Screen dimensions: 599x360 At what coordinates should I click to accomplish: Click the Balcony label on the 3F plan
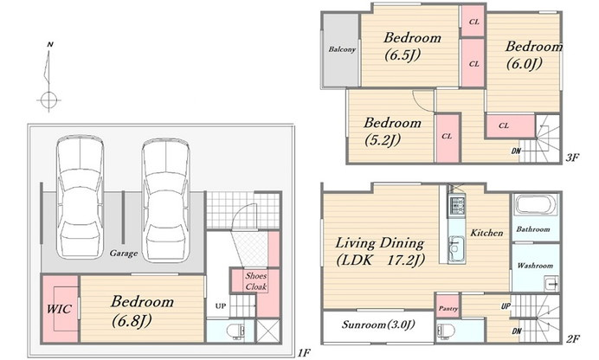pos(342,49)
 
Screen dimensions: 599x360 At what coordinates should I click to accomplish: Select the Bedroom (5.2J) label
pos(392,132)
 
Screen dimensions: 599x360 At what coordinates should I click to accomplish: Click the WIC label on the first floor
pos(59,308)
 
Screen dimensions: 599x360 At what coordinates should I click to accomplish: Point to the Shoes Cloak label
pos(256,281)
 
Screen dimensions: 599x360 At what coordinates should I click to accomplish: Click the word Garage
pos(124,253)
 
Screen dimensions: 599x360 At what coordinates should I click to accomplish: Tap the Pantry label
pos(448,308)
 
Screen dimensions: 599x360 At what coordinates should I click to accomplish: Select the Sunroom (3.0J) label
pos(377,325)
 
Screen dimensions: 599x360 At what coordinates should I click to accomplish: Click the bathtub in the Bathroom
pos(535,205)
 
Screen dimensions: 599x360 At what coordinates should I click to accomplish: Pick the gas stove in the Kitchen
pos(456,205)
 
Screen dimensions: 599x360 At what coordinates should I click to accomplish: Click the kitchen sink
pos(456,249)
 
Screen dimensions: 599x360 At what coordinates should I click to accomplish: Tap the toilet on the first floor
pos(235,331)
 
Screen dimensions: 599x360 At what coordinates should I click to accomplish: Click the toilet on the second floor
pos(446,331)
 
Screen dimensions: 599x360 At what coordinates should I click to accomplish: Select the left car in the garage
pos(81,198)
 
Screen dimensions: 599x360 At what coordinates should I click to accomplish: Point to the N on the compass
pos(50,45)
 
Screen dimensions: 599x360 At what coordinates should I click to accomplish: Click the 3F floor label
pos(572,157)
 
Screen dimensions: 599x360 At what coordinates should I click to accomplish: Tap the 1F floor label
pos(304,353)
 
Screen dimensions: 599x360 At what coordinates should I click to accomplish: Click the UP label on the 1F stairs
pos(221,305)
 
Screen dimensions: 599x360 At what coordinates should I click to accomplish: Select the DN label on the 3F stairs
pos(516,151)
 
